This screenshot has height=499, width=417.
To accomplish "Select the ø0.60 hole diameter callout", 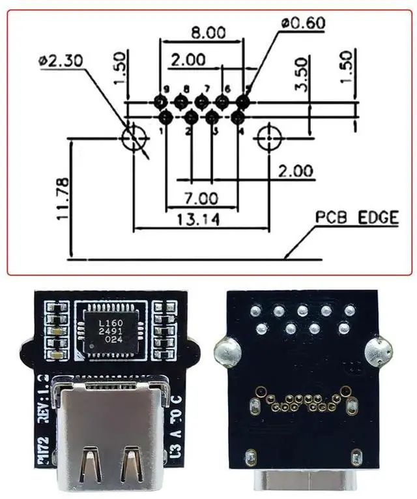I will [303, 22].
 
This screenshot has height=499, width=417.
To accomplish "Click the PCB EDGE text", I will [356, 218].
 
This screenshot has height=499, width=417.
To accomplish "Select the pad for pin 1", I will [165, 117].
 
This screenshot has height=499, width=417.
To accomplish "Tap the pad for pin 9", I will [160, 101].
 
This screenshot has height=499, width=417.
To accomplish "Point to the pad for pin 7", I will [201, 101].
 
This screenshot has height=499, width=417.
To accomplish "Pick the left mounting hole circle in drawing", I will [134, 138].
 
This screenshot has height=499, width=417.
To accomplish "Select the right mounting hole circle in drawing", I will [268, 138].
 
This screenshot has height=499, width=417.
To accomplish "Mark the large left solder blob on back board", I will [228, 352].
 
